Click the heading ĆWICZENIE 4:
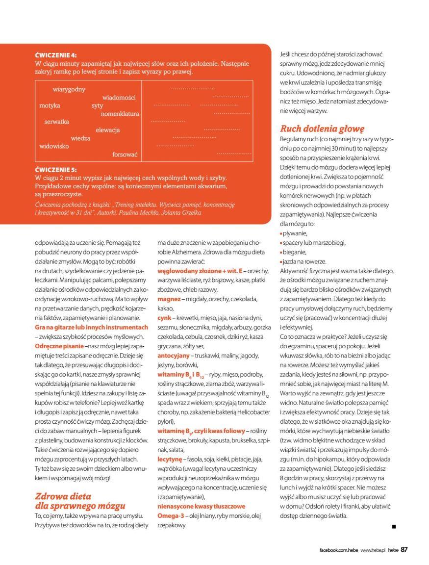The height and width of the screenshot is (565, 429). click(56, 55)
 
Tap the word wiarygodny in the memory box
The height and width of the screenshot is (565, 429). click(69, 89)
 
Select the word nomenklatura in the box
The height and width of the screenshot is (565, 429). click(120, 114)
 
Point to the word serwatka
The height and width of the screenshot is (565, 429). click(56, 122)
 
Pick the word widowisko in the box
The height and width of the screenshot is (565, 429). click(54, 146)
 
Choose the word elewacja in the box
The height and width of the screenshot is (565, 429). click(107, 130)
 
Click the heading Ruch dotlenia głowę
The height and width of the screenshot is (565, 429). click(322, 129)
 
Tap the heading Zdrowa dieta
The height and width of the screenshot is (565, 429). click(63, 496)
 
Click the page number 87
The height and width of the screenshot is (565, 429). click(404, 549)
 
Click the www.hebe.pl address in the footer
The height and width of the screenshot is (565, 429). click(373, 550)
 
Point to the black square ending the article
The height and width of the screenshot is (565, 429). click(393, 527)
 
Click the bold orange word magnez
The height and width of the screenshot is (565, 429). click(169, 299)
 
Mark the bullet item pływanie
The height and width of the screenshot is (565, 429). click(295, 233)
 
